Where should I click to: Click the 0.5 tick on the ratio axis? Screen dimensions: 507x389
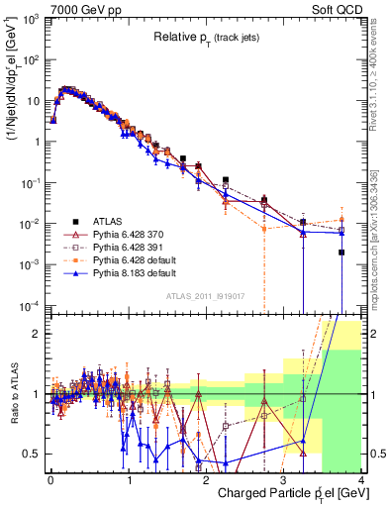click(36, 454)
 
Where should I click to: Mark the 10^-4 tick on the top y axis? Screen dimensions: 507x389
click(34, 304)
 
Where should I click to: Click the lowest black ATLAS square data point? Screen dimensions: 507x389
click(341, 253)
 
